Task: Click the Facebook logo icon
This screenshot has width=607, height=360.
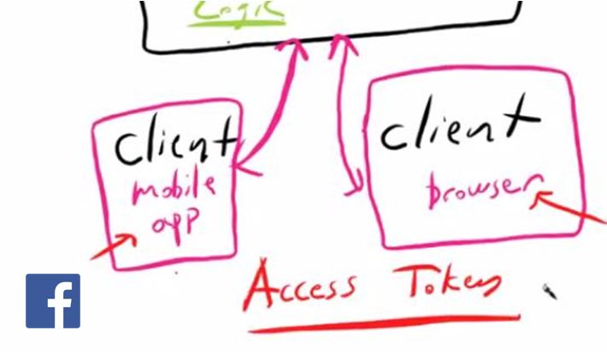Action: (x=53, y=301)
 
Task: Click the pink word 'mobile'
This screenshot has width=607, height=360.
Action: (x=174, y=189)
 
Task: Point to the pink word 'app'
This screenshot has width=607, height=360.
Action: (x=174, y=224)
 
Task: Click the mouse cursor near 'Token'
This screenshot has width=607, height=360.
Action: (x=549, y=292)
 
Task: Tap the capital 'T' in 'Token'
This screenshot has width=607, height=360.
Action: (x=410, y=278)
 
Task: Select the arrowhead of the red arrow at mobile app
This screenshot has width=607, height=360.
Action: (x=128, y=239)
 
